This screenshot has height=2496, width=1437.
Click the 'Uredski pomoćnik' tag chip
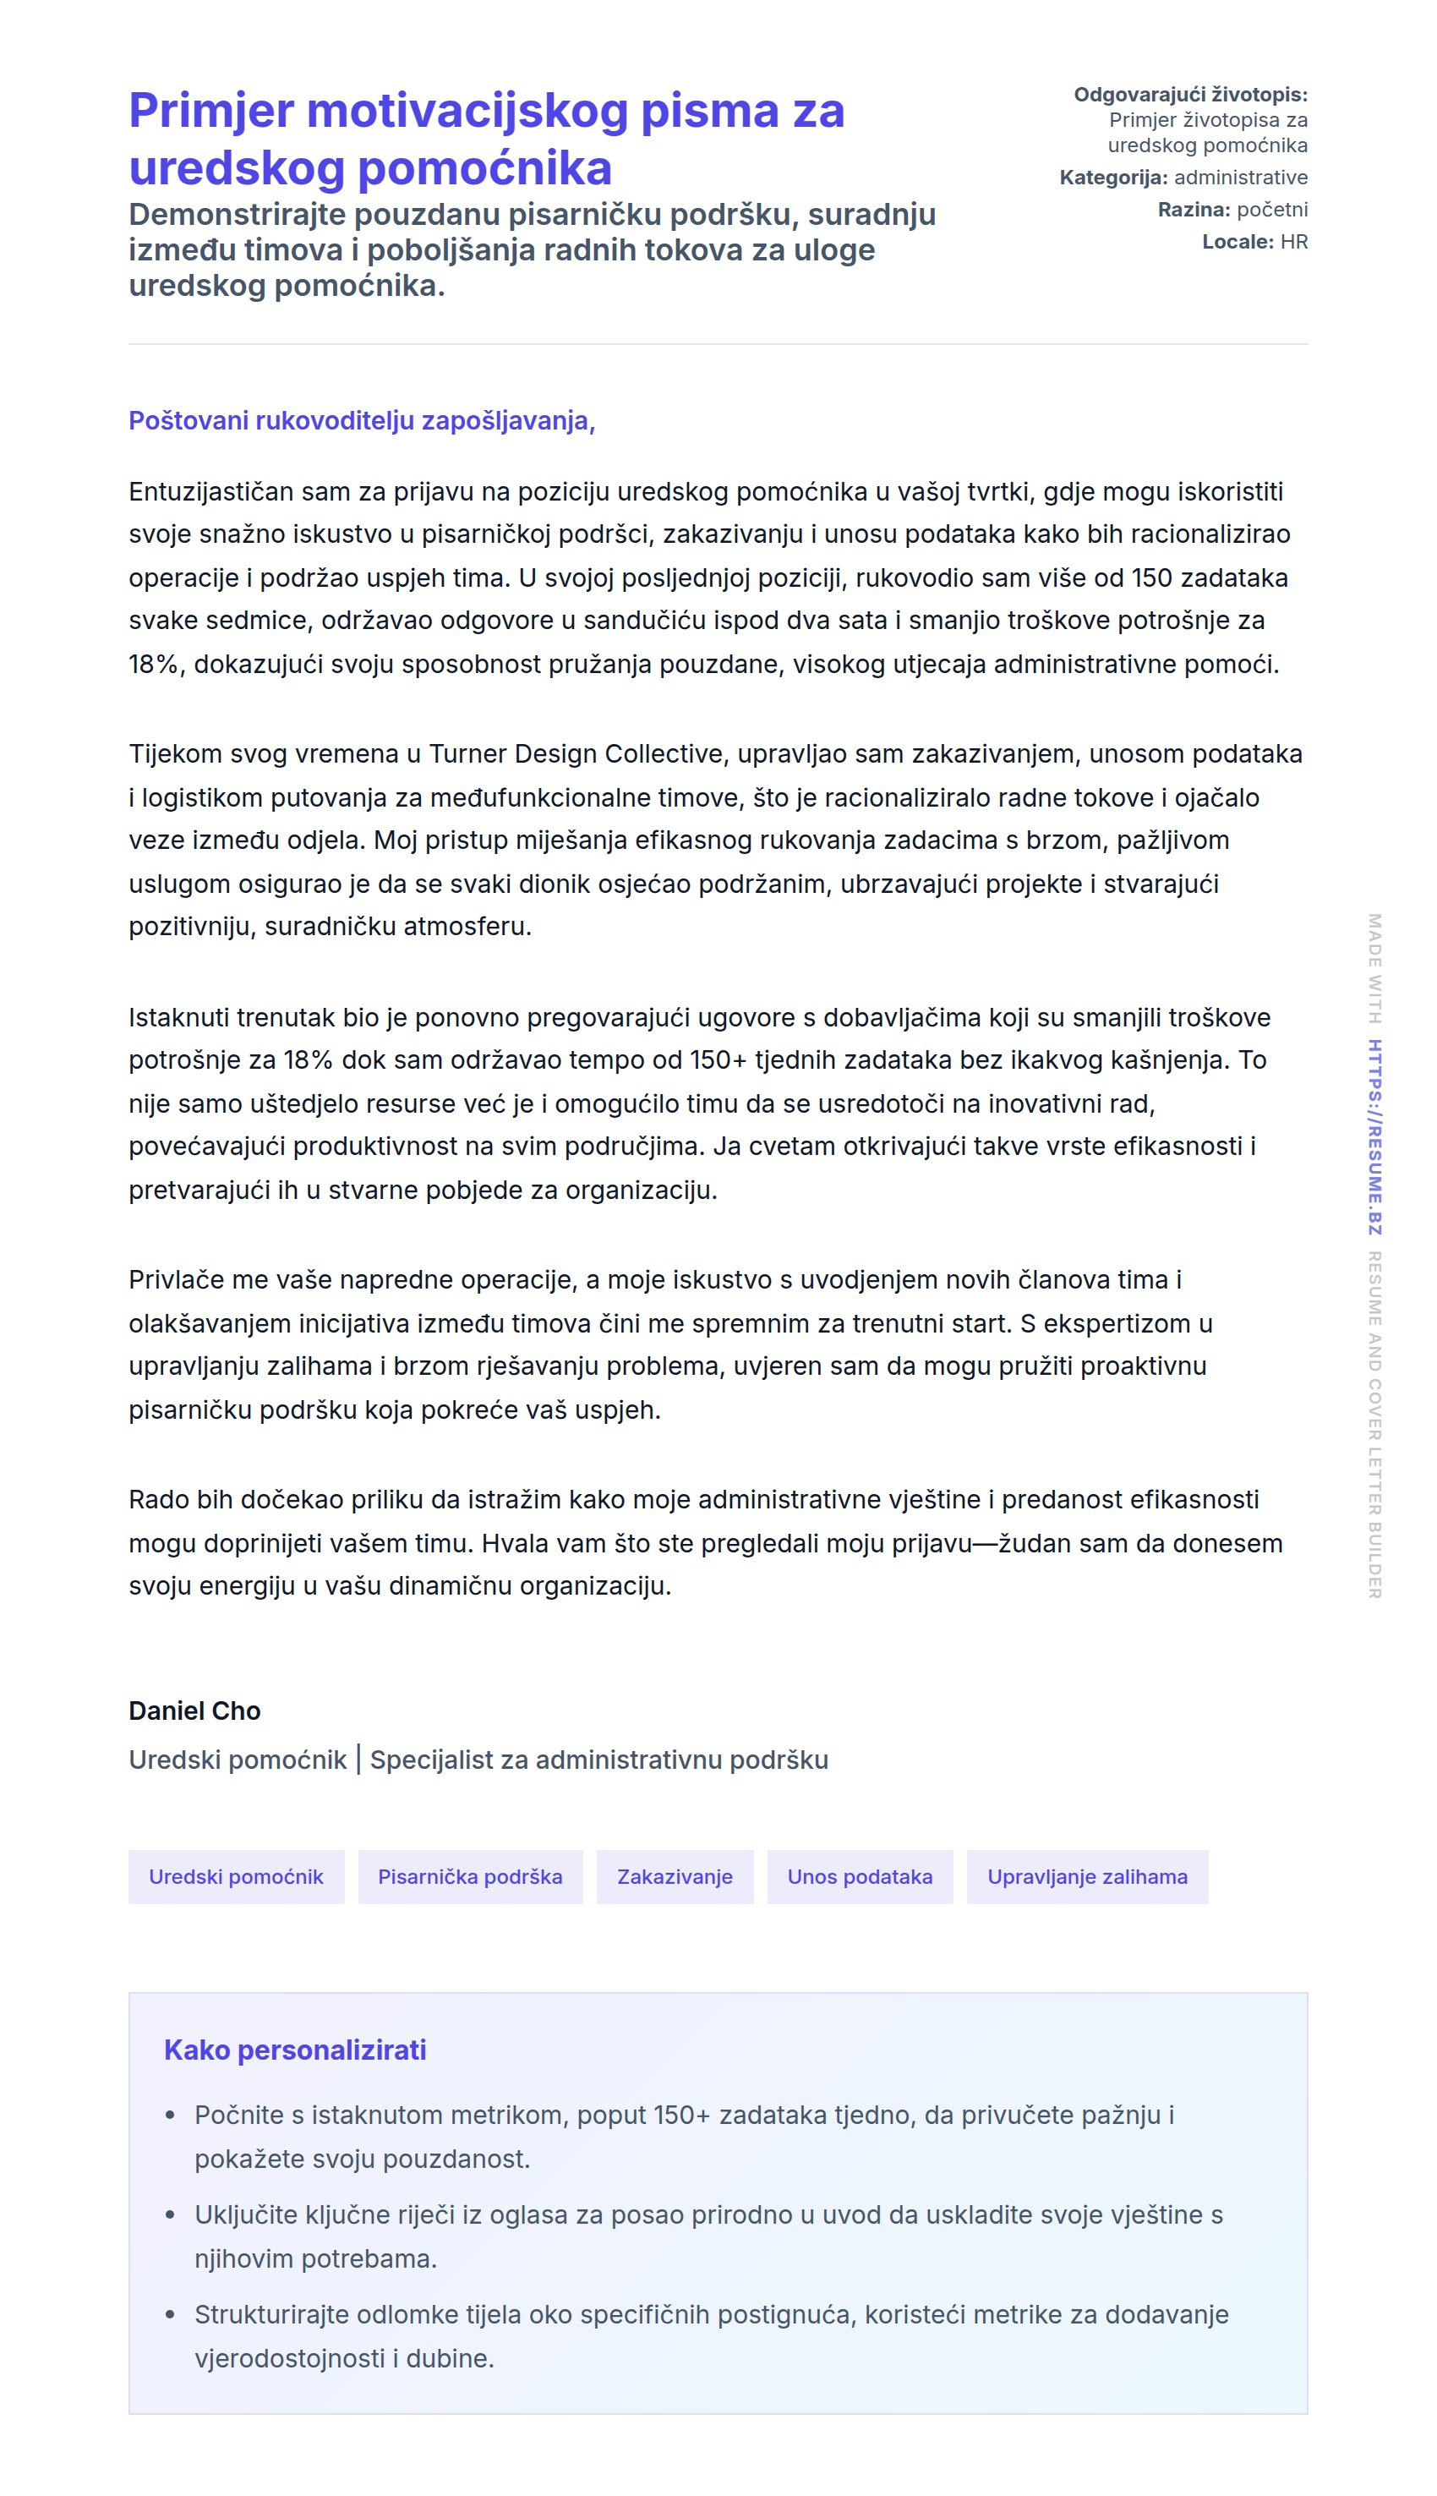(x=236, y=1876)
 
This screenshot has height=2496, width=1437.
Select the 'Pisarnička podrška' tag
(x=470, y=1876)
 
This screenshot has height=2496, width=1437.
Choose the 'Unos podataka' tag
(x=860, y=1876)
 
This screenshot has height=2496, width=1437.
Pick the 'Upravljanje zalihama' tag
(x=1087, y=1876)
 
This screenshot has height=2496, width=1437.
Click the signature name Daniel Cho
(x=194, y=1711)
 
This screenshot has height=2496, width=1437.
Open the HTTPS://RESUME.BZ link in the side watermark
(x=1374, y=1136)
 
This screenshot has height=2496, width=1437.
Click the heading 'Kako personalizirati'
(x=295, y=2050)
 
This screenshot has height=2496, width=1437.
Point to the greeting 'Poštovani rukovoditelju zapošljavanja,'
(x=361, y=420)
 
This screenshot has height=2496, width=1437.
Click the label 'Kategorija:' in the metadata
(x=1113, y=178)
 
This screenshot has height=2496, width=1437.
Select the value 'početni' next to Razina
(x=1272, y=209)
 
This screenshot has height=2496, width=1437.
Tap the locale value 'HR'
(x=1294, y=242)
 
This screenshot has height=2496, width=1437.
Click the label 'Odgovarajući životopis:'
(x=1190, y=95)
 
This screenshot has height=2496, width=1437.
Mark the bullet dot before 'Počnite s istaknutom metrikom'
(x=171, y=2115)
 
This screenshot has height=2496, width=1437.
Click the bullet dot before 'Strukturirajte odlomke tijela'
(x=171, y=2314)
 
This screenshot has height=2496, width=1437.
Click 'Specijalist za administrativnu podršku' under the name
(x=599, y=1760)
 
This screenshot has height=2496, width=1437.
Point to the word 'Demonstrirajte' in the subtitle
(x=237, y=214)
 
